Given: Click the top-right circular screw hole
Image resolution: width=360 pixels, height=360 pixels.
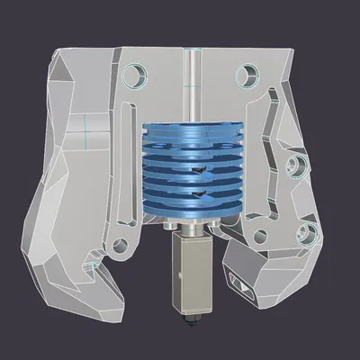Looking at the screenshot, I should click(247, 73).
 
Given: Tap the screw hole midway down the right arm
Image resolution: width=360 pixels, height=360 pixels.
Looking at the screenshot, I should click(292, 166).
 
